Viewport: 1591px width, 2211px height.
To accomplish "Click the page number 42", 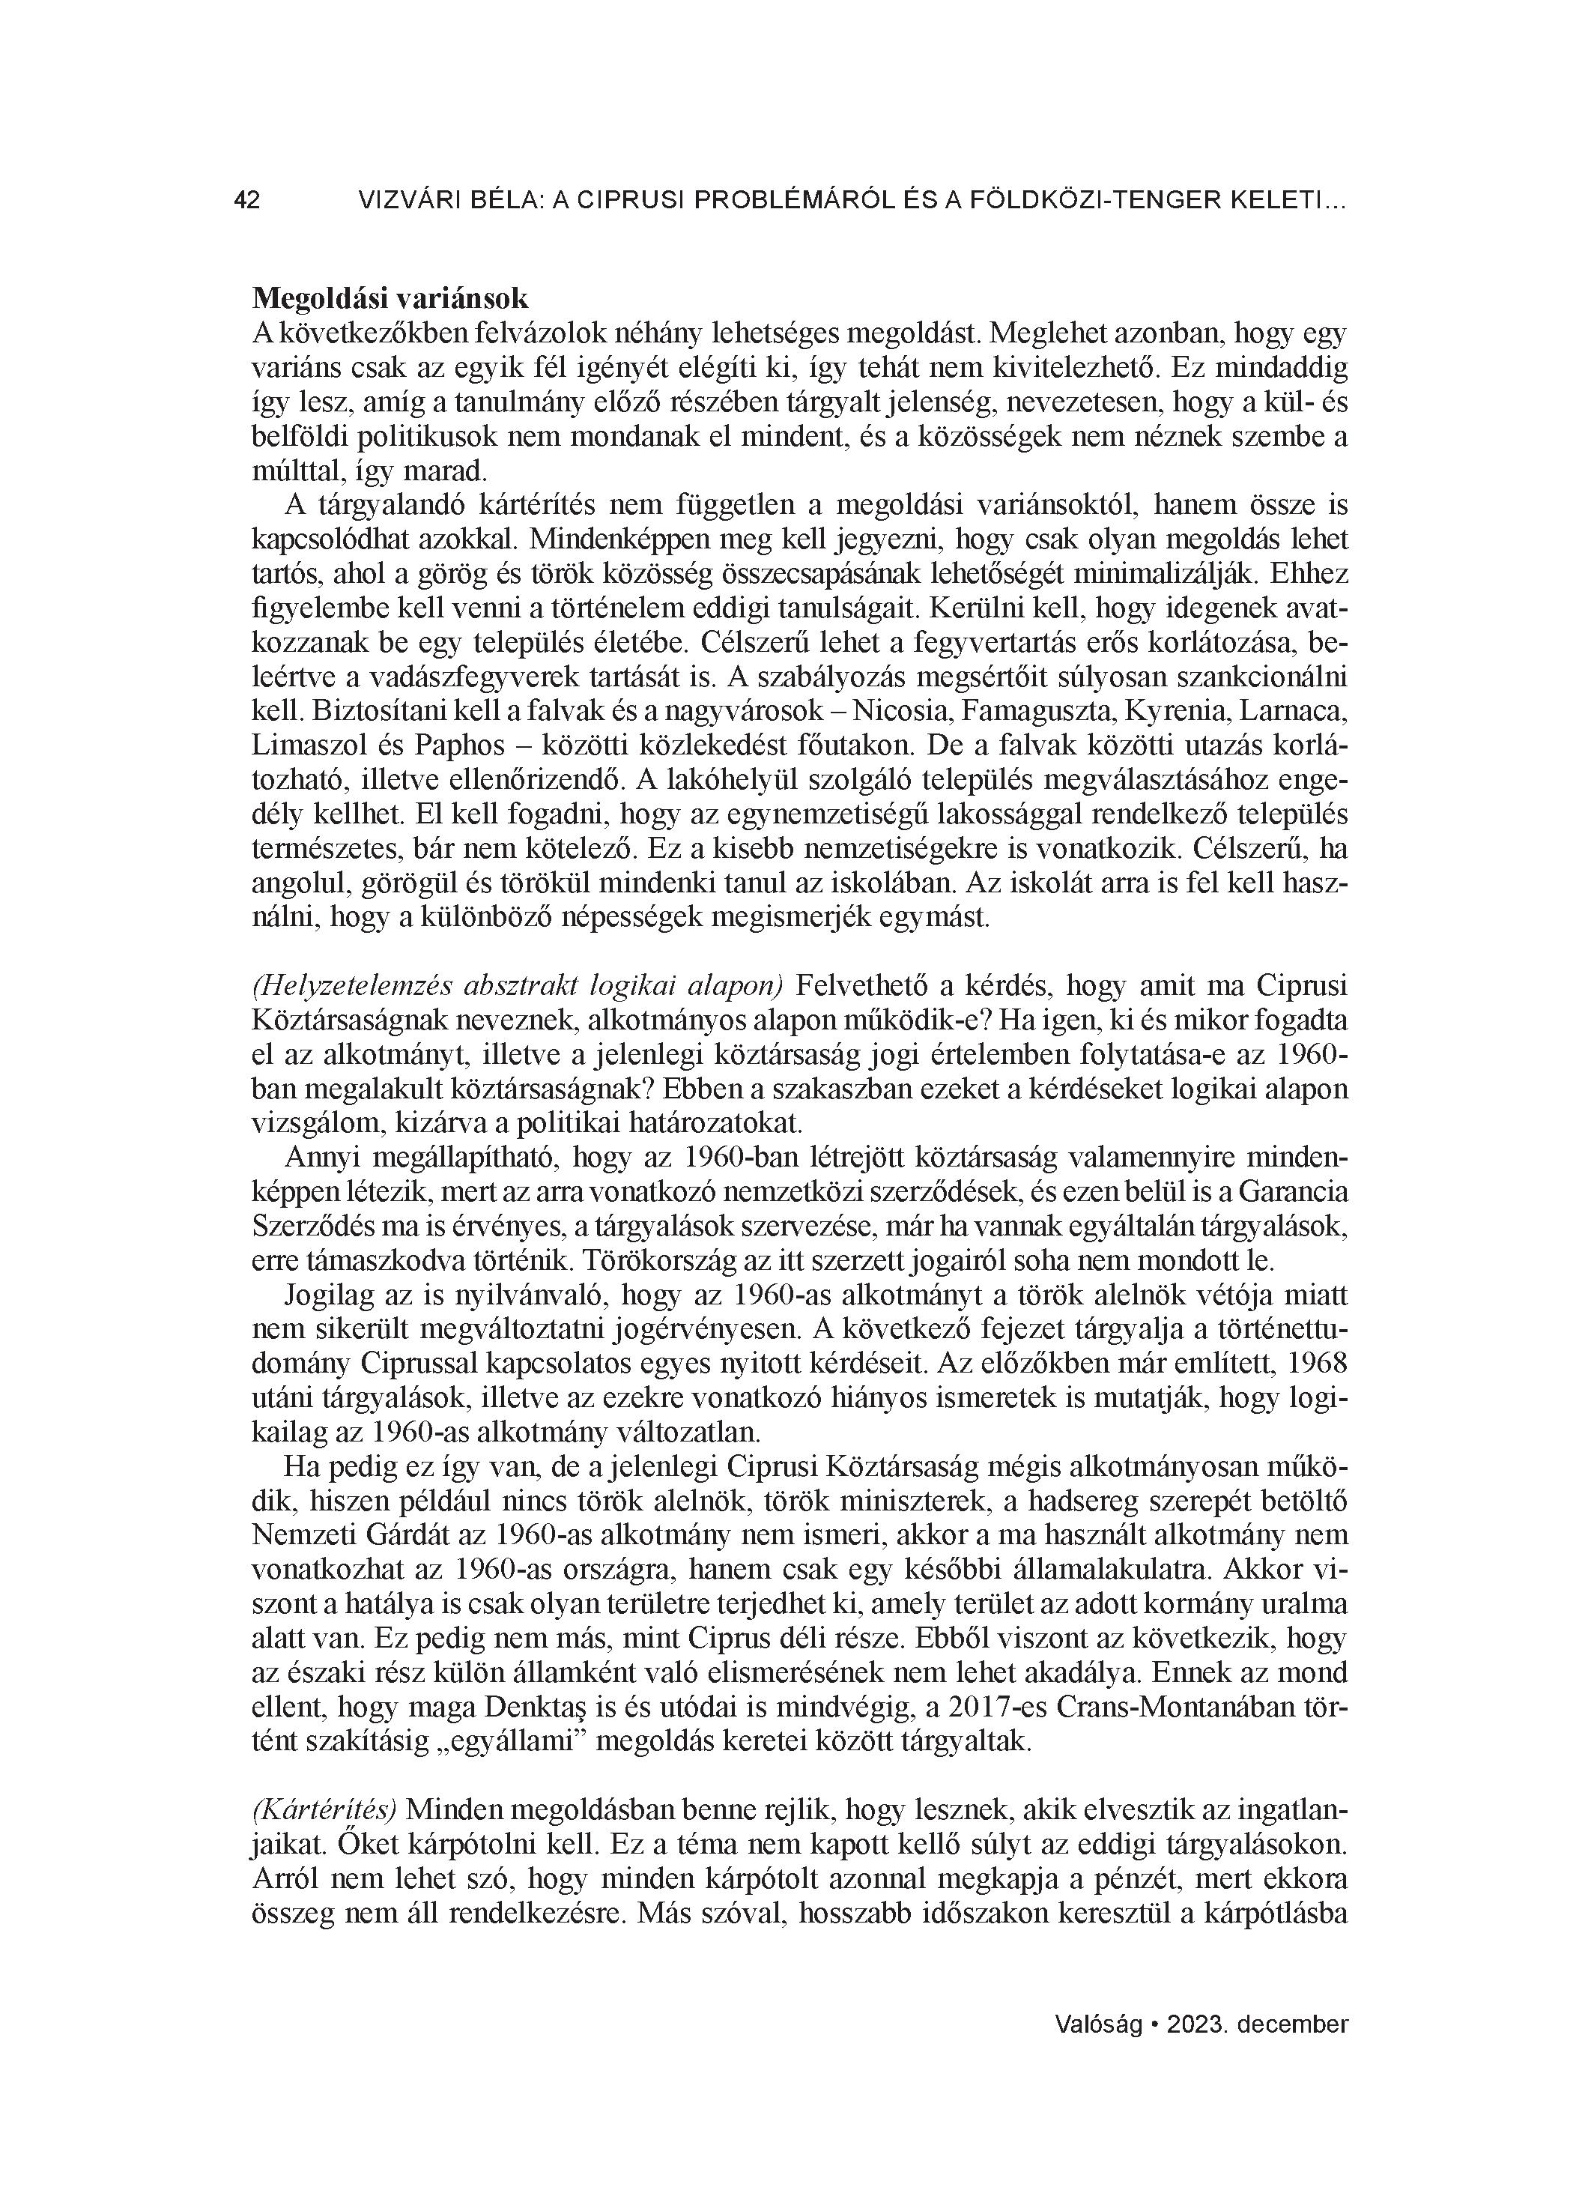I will [x=246, y=201].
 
